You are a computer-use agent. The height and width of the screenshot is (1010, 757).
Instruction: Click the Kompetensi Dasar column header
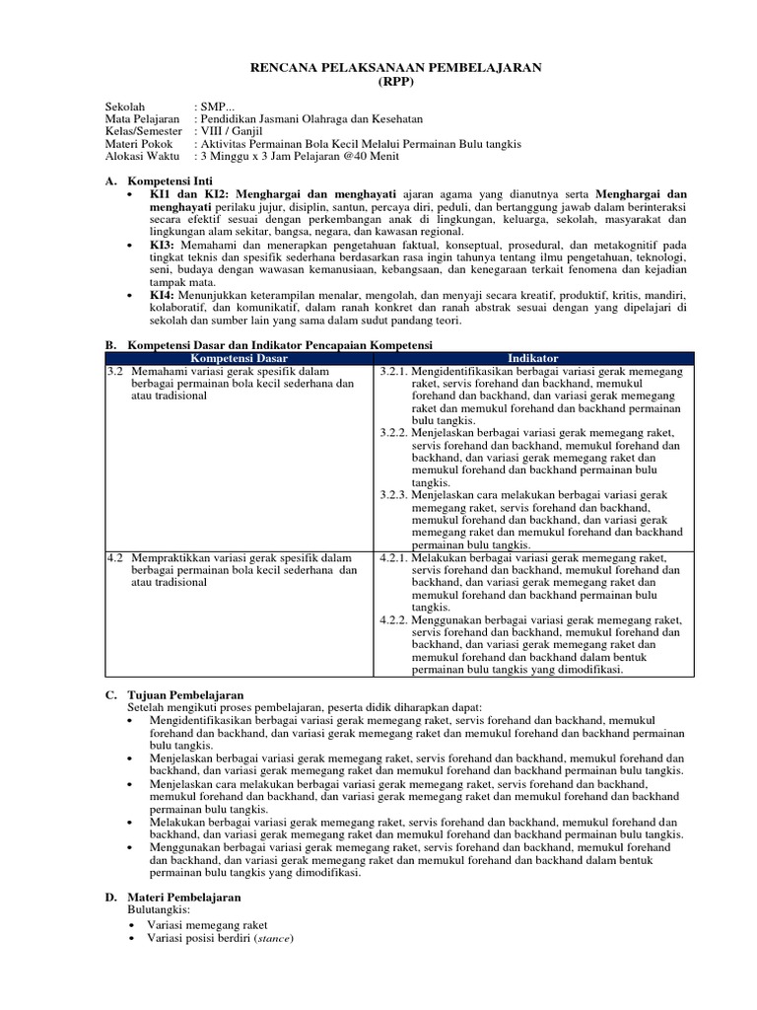click(x=239, y=358)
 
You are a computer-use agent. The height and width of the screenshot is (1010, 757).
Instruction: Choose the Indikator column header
click(x=533, y=358)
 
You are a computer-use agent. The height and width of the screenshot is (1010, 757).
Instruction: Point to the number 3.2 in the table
click(x=115, y=371)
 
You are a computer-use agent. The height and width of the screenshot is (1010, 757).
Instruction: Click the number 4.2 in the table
click(x=115, y=557)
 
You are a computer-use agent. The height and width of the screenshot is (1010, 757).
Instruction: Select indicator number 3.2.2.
click(x=394, y=432)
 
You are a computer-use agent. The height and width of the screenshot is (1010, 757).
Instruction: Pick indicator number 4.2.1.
click(x=394, y=557)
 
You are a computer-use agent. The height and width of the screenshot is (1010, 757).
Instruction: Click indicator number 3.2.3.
click(x=394, y=494)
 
